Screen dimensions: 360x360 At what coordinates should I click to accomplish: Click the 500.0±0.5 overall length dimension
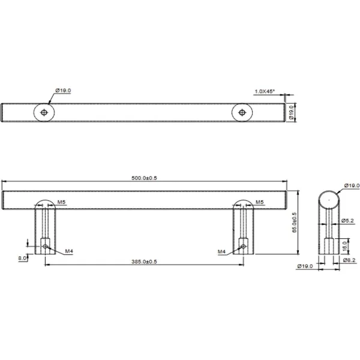144,178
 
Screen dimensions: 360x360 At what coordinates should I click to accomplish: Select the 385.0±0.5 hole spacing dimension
144,261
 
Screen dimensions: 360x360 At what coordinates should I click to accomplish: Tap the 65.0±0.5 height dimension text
294,222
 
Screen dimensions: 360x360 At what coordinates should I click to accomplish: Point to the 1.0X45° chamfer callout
264,91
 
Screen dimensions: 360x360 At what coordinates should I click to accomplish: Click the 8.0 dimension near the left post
22,257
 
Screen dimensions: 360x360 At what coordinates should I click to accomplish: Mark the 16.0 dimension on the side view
344,245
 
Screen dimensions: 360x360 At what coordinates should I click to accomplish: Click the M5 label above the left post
62,202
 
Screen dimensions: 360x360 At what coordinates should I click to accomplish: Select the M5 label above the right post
260,202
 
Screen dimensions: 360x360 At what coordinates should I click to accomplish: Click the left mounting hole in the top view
44,112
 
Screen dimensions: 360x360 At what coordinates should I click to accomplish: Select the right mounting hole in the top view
241,112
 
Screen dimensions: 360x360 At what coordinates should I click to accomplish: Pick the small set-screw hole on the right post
242,245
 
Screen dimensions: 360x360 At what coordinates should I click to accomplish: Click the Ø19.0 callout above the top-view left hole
63,91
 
